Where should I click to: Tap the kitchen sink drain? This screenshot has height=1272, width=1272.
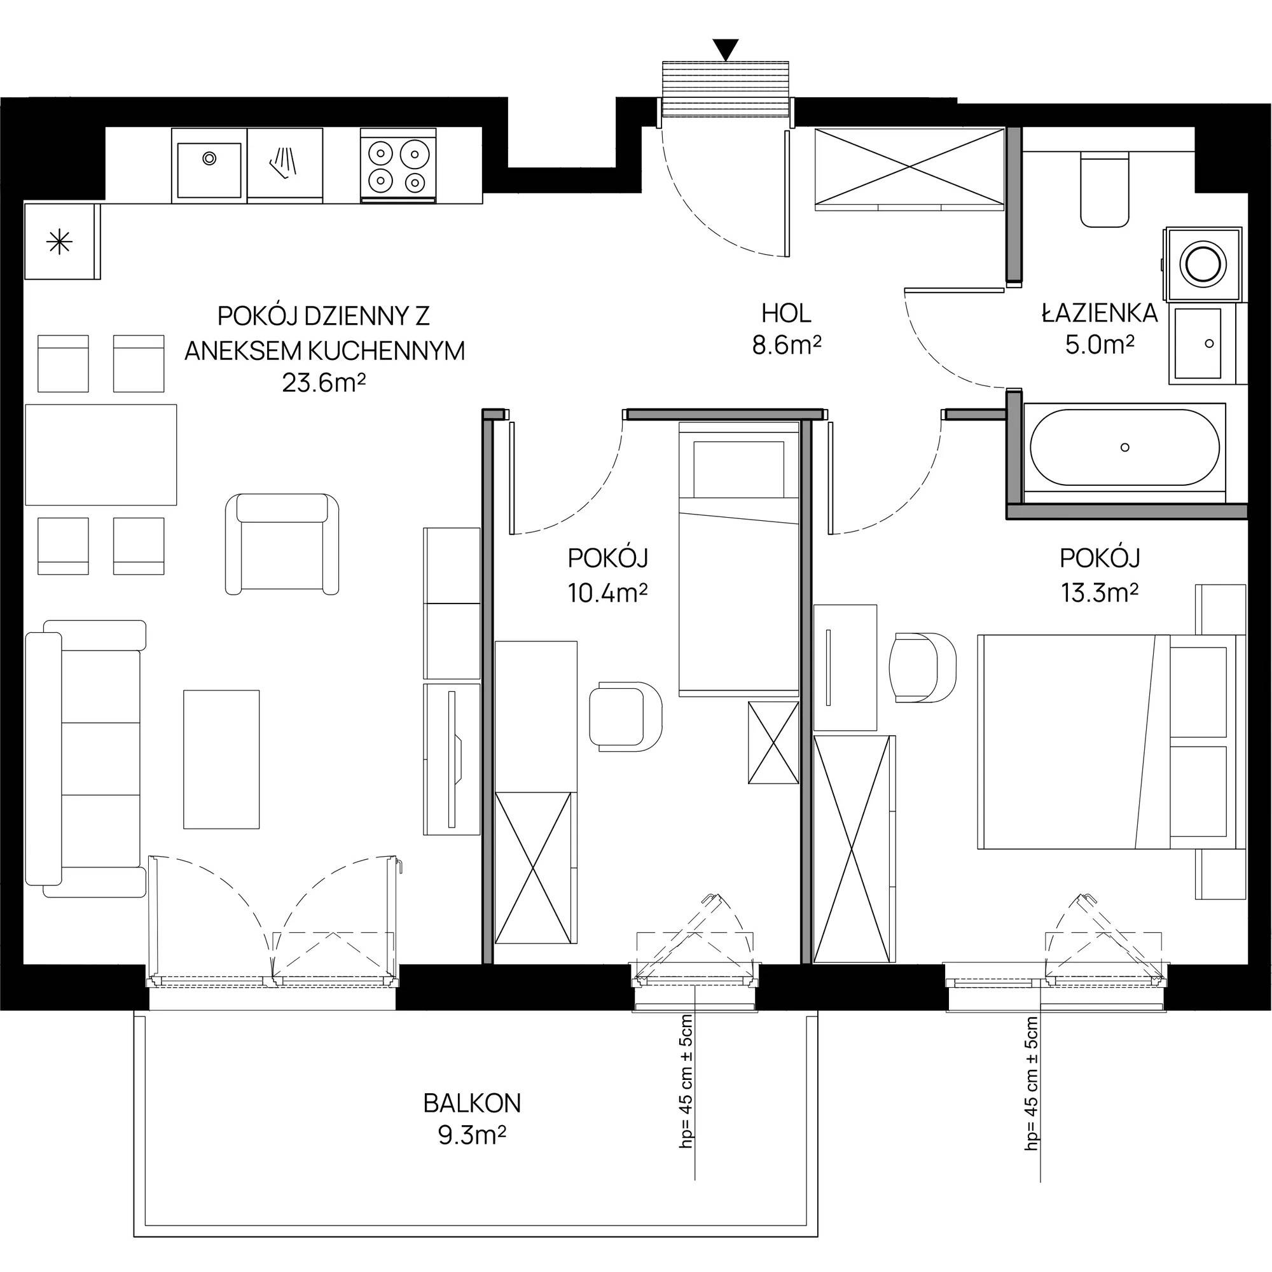209,158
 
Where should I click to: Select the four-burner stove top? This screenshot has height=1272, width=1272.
397,165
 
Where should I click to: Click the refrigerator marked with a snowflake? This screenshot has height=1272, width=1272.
62,241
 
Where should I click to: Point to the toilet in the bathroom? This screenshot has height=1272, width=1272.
1105,188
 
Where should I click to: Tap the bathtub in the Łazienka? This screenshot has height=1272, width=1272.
1124,448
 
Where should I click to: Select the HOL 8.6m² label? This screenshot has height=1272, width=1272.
786,329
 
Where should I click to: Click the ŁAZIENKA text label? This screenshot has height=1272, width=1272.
1100,314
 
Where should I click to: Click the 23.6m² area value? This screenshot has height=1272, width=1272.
324,382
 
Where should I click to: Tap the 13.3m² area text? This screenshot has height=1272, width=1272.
1100,593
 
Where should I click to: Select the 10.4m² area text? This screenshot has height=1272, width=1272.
607,593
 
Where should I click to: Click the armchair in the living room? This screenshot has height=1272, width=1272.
282,544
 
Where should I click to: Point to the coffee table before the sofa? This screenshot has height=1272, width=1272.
221,759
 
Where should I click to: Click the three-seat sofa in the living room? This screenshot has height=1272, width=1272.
85,758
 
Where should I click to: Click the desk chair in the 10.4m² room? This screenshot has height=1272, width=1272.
625,716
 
